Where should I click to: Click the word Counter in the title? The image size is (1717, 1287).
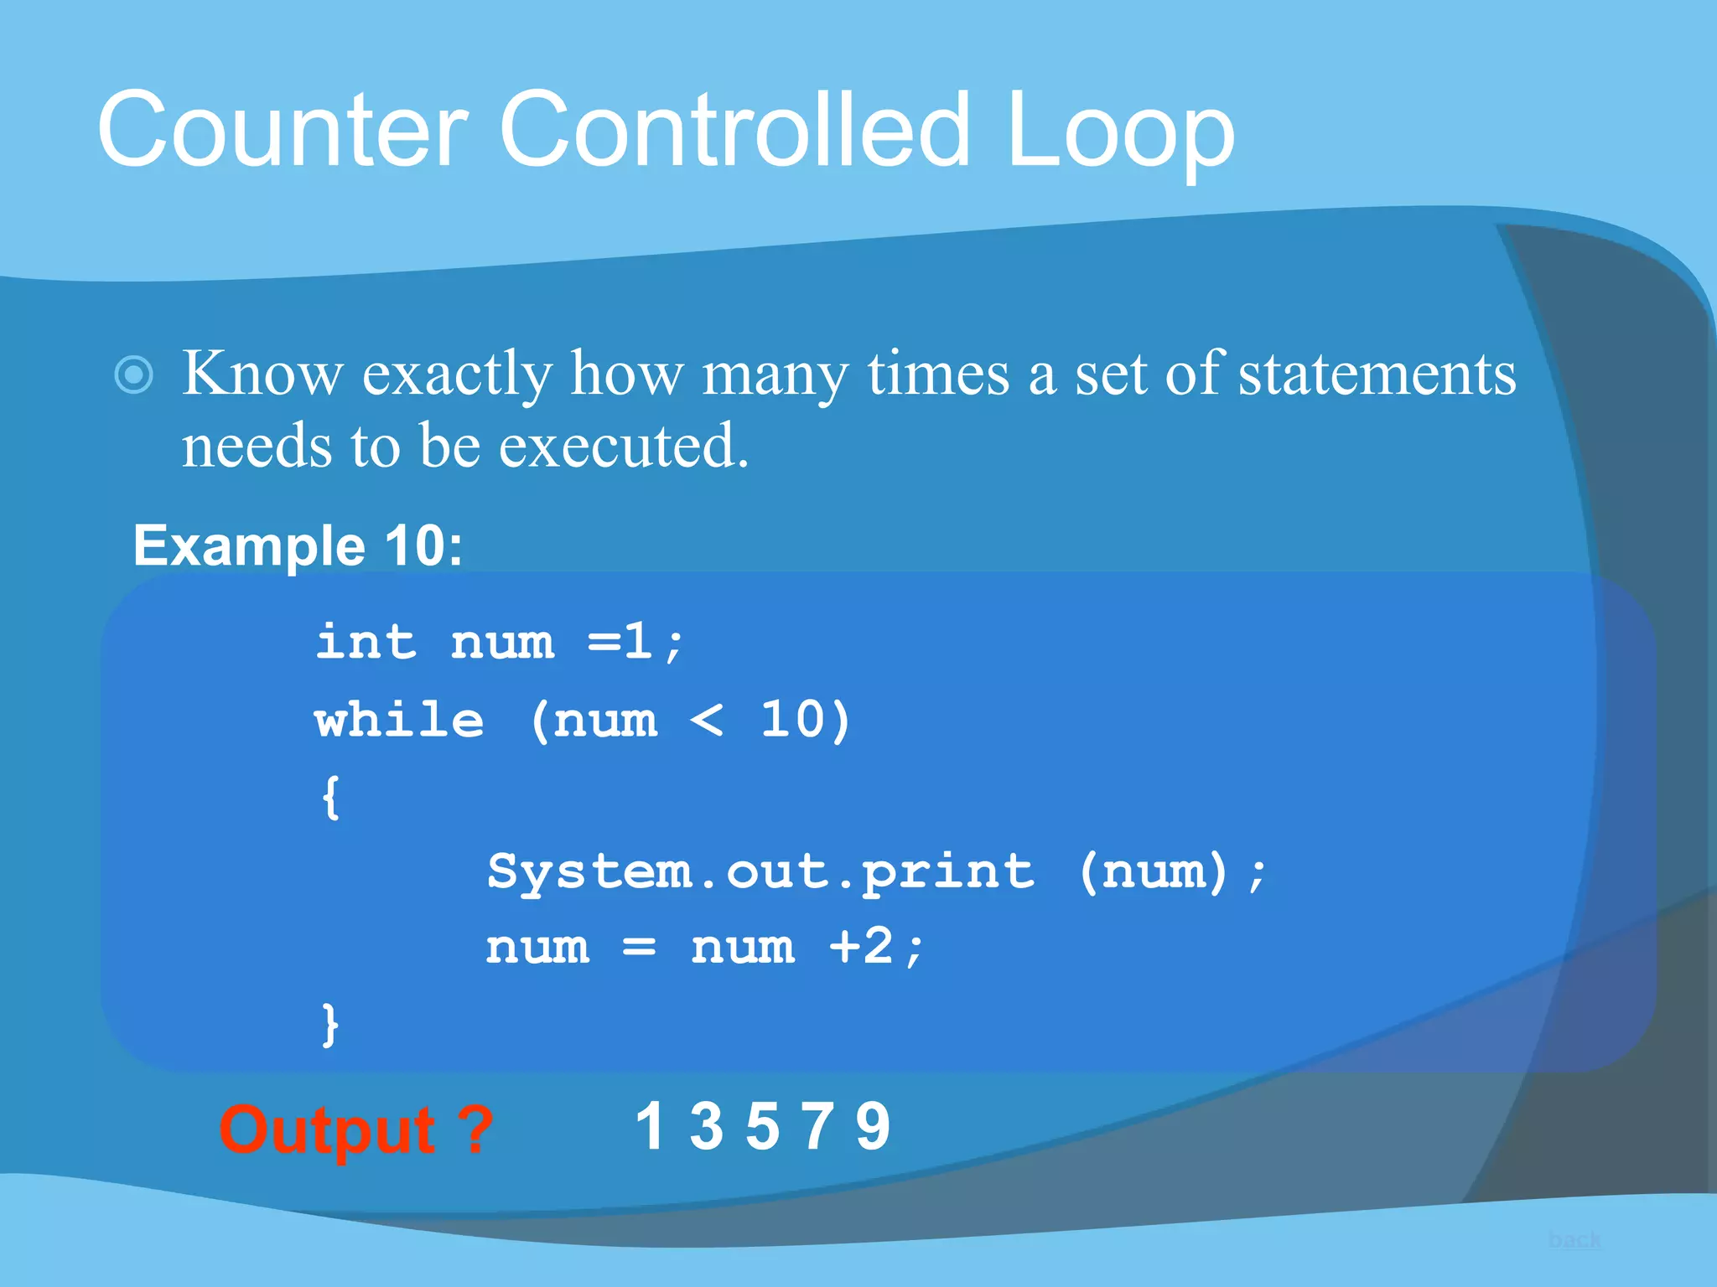(282, 131)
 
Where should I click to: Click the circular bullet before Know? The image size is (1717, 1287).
(134, 375)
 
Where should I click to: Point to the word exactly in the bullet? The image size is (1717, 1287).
(457, 374)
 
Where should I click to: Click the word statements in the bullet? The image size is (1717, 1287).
(1377, 374)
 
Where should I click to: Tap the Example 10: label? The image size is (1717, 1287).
(298, 546)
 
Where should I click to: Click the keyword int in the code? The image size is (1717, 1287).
(366, 643)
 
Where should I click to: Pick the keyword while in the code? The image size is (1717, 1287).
(399, 721)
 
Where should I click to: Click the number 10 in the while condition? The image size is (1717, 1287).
(793, 721)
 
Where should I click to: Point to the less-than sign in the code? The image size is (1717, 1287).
(707, 721)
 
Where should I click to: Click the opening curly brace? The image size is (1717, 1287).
(331, 798)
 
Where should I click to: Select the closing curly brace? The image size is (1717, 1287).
(331, 1024)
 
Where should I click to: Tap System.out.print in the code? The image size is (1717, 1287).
(760, 872)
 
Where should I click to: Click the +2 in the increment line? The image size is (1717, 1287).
(862, 948)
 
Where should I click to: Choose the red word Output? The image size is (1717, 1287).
(327, 1130)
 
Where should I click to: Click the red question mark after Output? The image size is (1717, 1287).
(475, 1130)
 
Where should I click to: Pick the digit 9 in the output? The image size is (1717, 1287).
(873, 1127)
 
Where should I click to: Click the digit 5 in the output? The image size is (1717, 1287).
(762, 1127)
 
